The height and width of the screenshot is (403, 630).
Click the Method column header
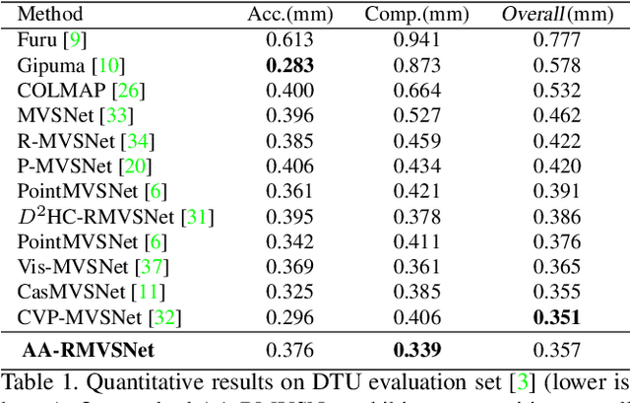coord(50,15)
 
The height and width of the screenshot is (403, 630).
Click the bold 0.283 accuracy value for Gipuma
coord(288,65)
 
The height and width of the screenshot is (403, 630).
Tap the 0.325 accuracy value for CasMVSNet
coord(288,292)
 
